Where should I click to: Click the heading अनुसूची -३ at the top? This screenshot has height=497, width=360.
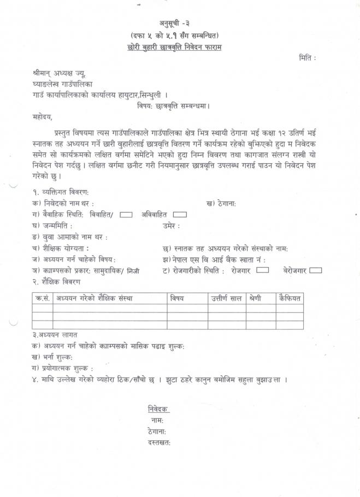(x=180, y=23)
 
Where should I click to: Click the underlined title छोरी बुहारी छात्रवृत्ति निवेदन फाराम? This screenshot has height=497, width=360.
(x=180, y=47)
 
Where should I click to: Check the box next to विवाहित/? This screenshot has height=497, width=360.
(x=126, y=215)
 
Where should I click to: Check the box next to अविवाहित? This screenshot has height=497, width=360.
(x=180, y=215)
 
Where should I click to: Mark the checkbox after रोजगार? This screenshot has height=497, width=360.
(x=262, y=270)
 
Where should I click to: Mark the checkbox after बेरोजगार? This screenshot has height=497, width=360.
(x=315, y=270)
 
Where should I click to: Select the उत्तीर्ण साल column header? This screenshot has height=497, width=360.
(x=226, y=298)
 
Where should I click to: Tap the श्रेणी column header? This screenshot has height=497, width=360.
(x=254, y=298)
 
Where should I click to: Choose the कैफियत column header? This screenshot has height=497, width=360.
(x=289, y=298)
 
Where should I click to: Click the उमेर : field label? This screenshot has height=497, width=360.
(x=171, y=226)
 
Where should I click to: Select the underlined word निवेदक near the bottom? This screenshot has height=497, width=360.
(x=158, y=409)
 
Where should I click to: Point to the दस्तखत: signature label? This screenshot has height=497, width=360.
(x=159, y=442)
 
